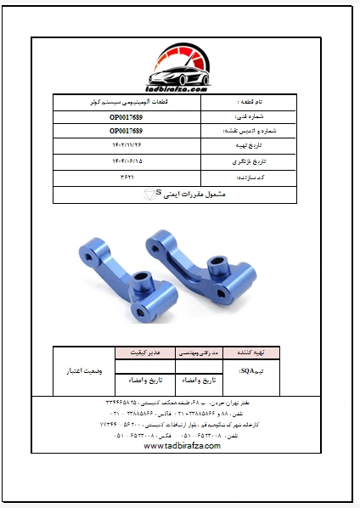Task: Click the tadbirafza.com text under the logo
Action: [178, 88]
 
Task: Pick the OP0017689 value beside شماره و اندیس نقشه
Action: [127, 131]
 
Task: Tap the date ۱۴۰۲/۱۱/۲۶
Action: [127, 146]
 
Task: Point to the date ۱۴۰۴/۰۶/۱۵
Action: [127, 161]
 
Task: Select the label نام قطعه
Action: [254, 100]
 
